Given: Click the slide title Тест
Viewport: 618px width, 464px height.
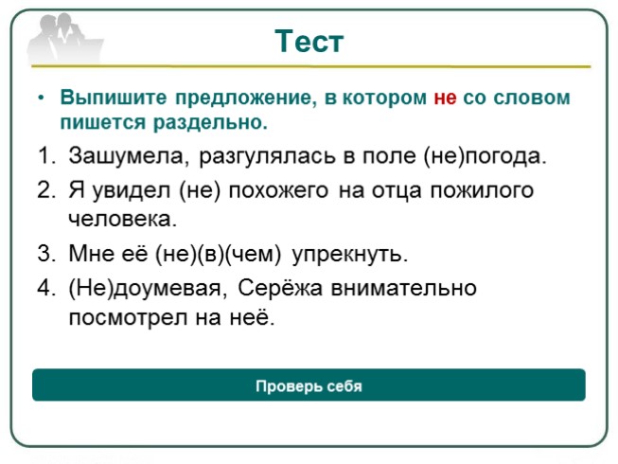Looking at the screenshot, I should click(x=309, y=42).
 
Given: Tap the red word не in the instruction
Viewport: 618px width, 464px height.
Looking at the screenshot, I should click(x=445, y=98).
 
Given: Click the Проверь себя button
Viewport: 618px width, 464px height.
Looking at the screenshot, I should click(x=309, y=386).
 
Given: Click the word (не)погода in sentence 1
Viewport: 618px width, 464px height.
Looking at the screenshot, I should click(x=485, y=155).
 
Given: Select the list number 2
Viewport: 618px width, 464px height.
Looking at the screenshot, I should click(x=46, y=189).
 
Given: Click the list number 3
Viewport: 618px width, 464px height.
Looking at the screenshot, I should click(x=46, y=254).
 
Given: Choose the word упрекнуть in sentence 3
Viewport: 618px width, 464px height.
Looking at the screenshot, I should click(x=350, y=254).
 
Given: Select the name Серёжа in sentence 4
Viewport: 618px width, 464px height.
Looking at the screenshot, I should click(x=279, y=287).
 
